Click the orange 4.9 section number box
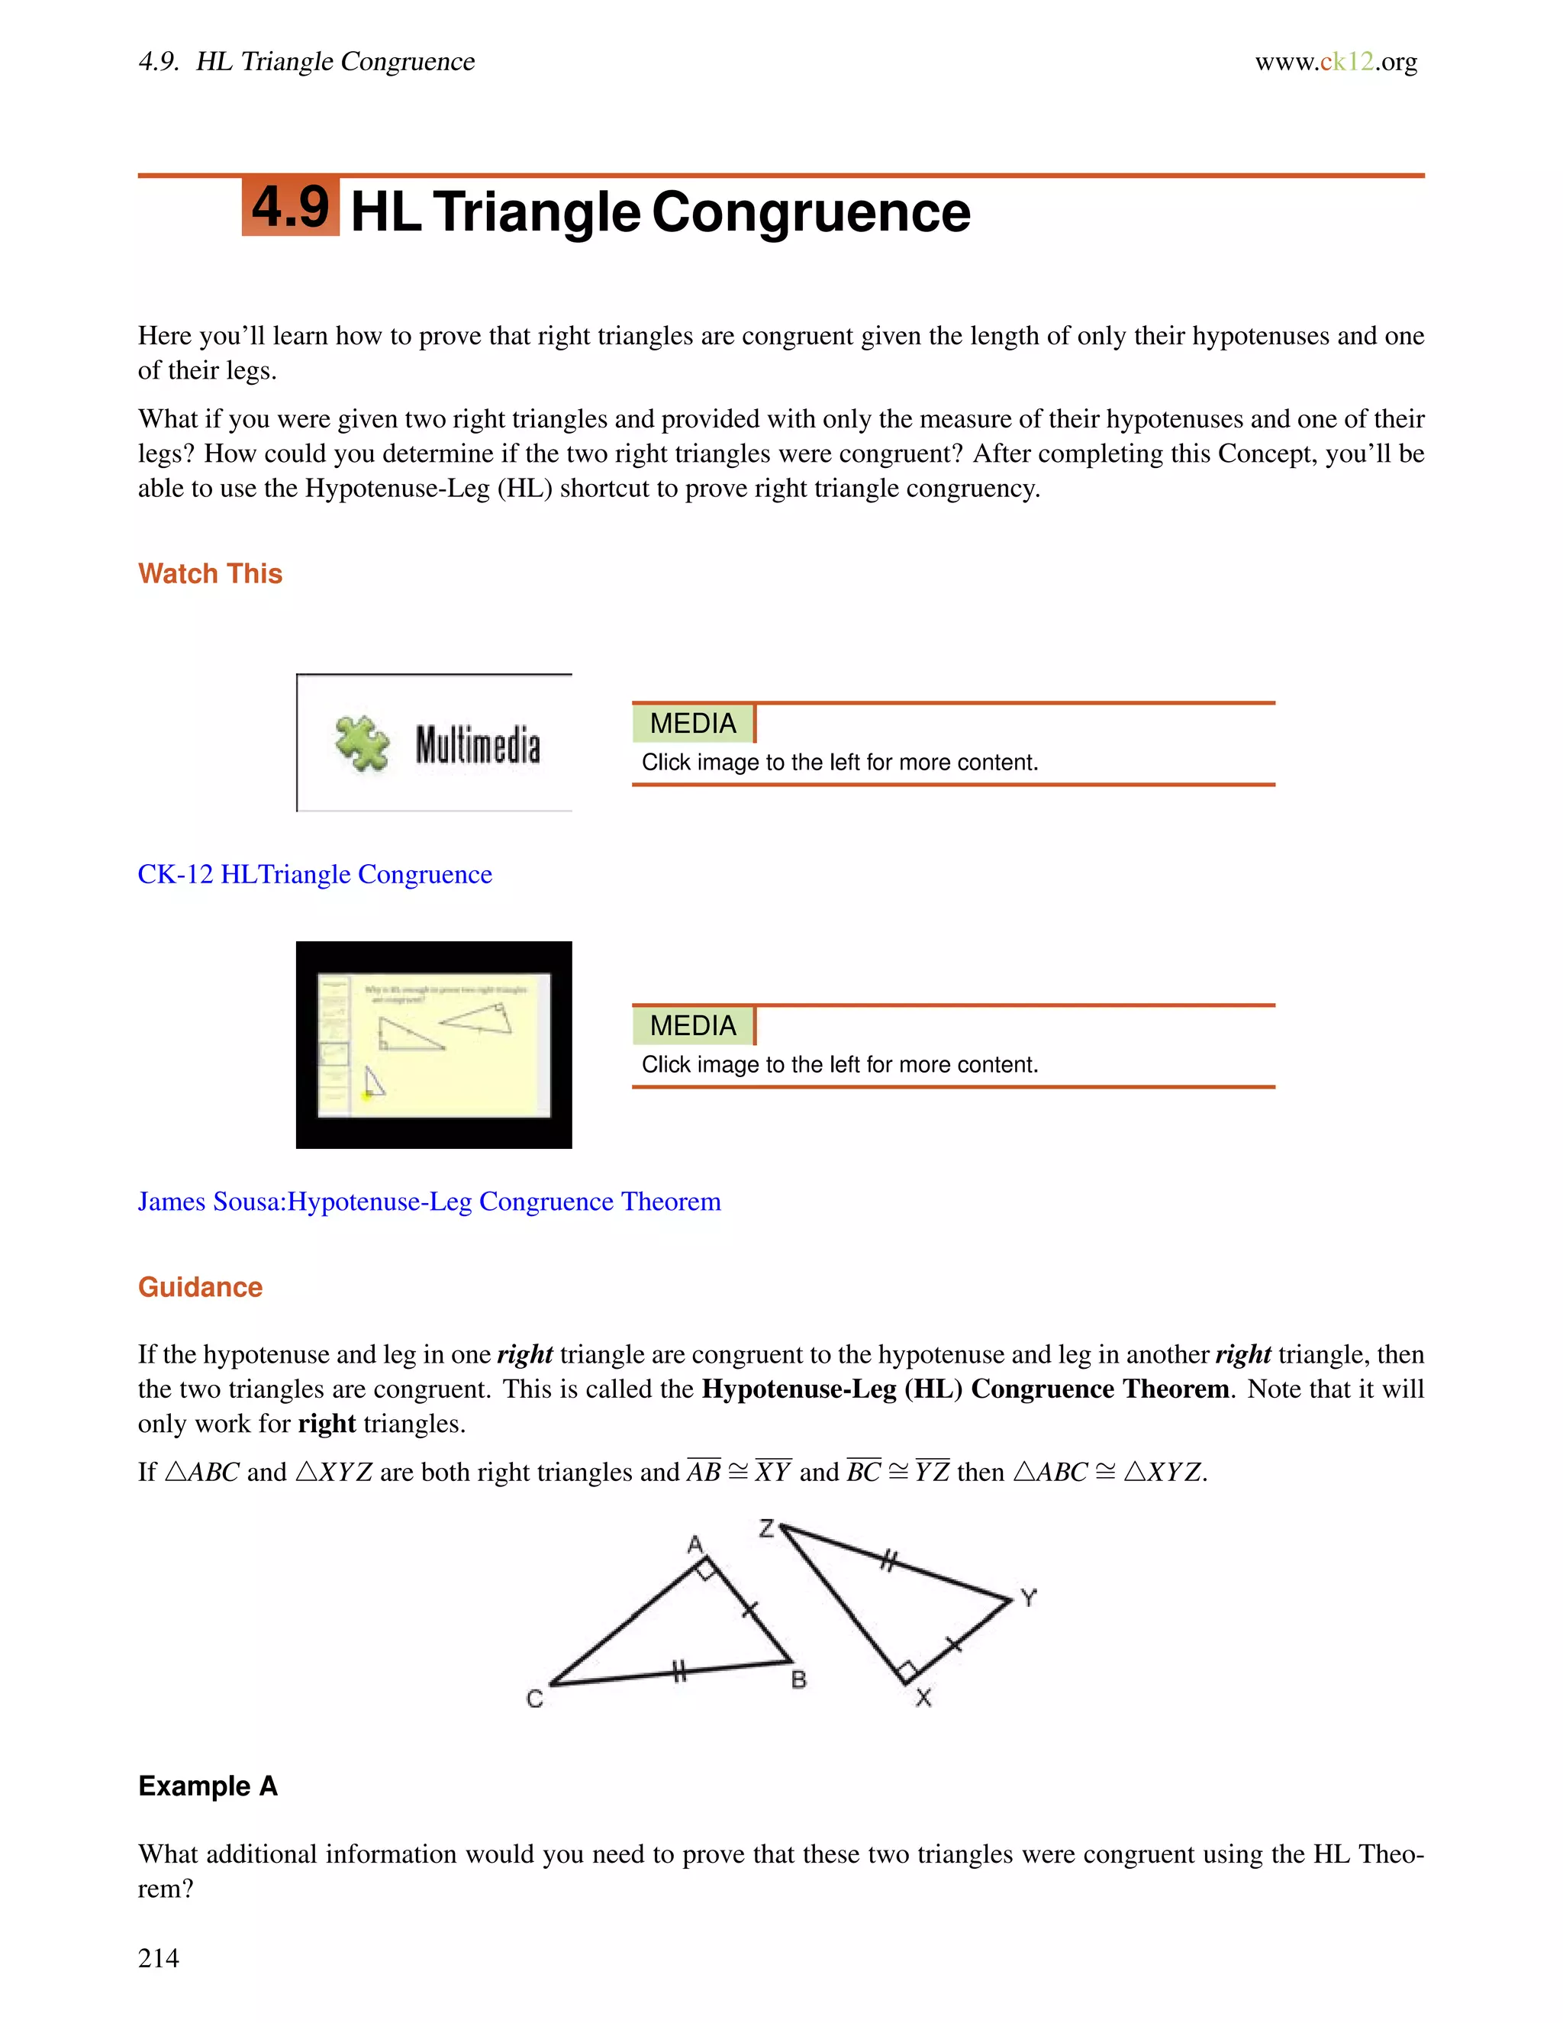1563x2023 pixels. point(291,207)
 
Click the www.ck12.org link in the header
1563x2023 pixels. point(1336,62)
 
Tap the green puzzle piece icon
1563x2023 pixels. point(361,744)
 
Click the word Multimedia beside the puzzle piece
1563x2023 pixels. point(478,746)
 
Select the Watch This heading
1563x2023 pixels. point(210,573)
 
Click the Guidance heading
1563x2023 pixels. point(200,1286)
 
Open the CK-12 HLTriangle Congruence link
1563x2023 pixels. point(315,874)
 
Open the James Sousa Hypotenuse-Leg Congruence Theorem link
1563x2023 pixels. point(429,1202)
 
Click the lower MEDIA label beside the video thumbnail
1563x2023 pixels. point(694,1025)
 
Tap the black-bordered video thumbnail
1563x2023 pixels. point(433,1045)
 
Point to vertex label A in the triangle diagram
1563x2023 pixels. point(695,1544)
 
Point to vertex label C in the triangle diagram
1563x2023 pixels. point(534,1699)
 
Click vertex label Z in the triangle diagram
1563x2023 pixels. point(765,1528)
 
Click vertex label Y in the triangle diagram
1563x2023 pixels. point(1029,1598)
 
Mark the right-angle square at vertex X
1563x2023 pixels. point(907,1671)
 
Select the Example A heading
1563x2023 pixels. point(208,1785)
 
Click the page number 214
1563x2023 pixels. point(158,1957)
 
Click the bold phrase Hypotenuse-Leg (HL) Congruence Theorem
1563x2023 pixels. point(965,1389)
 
